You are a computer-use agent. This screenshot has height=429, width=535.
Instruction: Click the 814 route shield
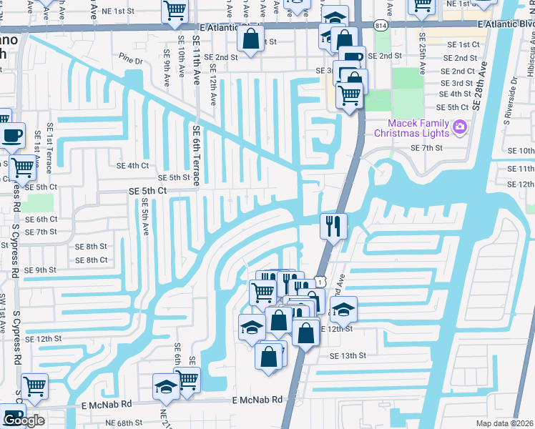(379, 24)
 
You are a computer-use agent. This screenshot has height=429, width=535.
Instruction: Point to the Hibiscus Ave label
(530, 57)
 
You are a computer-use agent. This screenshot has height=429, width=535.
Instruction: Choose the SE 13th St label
(348, 355)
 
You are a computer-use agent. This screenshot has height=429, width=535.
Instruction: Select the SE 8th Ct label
(91, 260)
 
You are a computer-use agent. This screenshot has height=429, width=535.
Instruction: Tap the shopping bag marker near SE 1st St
(251, 41)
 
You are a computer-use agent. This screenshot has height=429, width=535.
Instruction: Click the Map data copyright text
(505, 423)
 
